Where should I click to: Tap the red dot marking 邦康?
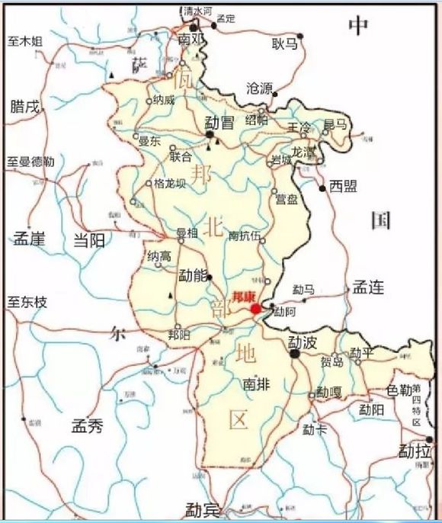click(256, 309)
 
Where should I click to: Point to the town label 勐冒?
click(219, 122)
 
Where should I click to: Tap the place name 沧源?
click(259, 88)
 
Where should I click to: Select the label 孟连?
click(367, 287)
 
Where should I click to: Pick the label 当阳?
click(89, 239)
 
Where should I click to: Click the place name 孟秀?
click(86, 425)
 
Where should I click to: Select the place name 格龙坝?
click(169, 183)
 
